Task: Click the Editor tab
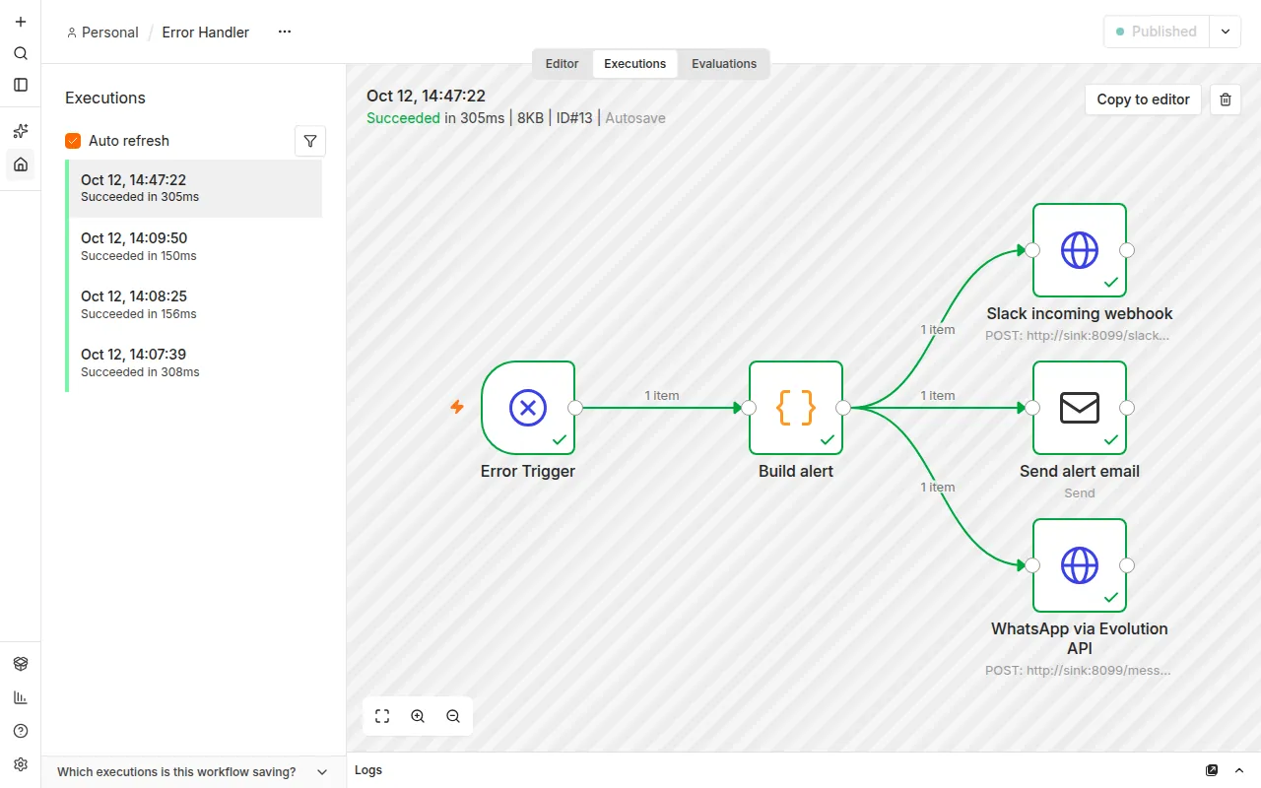coord(562,64)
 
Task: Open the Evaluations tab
coord(724,64)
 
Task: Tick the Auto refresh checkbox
coord(73,141)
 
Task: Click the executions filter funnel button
coord(310,141)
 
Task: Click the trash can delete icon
coord(1225,99)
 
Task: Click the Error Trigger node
coord(528,408)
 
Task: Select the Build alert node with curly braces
coord(795,408)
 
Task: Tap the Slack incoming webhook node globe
coord(1079,250)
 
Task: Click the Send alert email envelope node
coord(1079,408)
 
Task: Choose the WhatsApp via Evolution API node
coord(1079,565)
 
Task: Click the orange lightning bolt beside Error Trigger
coord(457,407)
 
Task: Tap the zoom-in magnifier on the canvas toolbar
coord(418,716)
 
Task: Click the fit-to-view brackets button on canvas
coord(382,716)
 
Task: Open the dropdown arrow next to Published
coord(1225,32)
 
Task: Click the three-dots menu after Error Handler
coord(285,32)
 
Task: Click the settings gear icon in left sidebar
coord(21,764)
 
